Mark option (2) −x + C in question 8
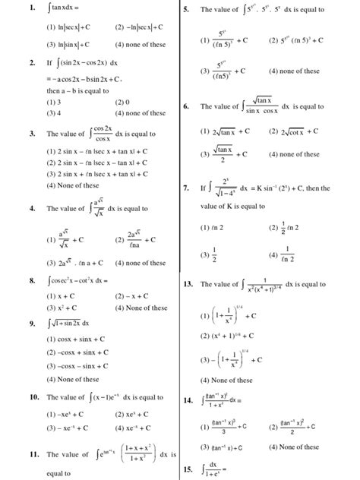[133, 296]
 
